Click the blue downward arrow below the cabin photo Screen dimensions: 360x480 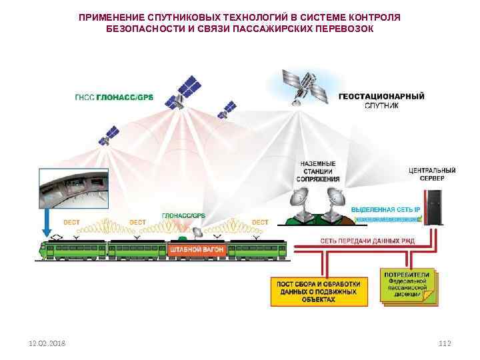47,224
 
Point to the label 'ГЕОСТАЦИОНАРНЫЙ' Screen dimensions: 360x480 381,95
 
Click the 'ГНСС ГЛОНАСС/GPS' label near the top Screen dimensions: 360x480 113,97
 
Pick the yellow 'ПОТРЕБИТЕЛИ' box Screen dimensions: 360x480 409,285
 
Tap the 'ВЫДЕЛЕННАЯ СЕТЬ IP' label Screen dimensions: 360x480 385,209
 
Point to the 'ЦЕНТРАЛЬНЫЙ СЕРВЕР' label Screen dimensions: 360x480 432,174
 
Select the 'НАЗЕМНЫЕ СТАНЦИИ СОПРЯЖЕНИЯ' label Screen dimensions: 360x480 319,171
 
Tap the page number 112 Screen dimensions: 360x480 445,343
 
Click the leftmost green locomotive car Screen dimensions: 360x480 71,250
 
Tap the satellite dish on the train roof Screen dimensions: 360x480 197,232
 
